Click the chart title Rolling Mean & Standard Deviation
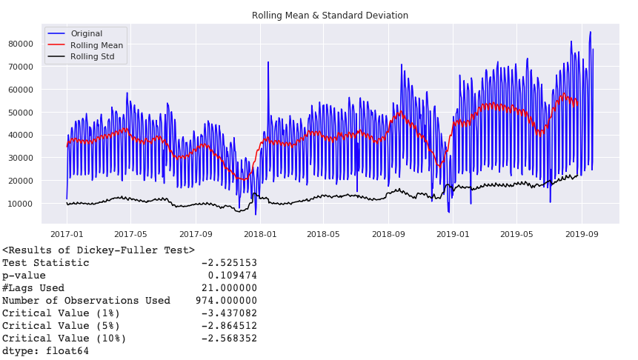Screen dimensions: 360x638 tap(330, 16)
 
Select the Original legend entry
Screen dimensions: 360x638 tap(87, 34)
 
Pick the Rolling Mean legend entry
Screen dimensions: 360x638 tap(96, 45)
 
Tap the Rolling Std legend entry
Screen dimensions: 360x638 tap(92, 56)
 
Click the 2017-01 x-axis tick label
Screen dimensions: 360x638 tap(67, 235)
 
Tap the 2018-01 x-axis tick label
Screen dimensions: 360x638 tap(259, 235)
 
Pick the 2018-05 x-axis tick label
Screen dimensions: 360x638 tap(324, 235)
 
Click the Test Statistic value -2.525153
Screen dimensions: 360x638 tap(229, 263)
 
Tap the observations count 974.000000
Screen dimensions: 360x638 tap(226, 301)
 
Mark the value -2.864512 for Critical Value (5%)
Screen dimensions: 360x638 tap(229, 326)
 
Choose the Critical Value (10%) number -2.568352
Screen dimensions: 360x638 tap(229, 339)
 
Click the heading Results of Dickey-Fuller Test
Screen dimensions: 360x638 tap(98, 250)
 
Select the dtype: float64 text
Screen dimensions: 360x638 tap(45, 351)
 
